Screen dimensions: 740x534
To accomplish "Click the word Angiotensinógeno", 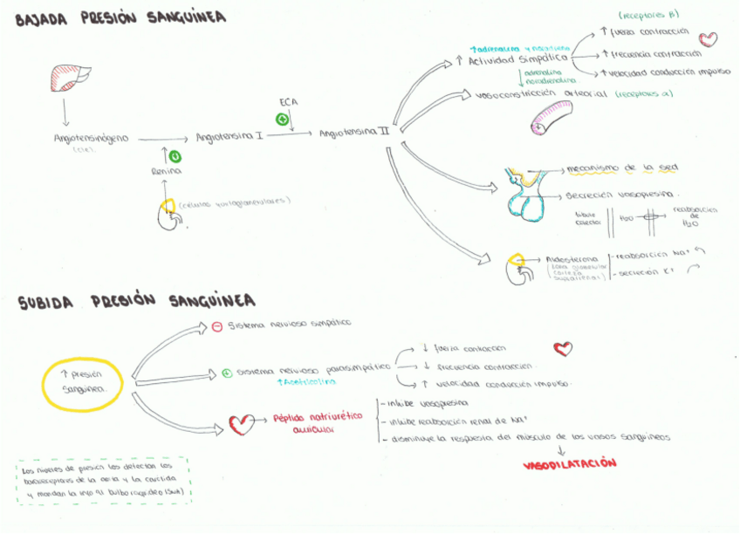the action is (91, 138).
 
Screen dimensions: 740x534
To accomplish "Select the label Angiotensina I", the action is (230, 137).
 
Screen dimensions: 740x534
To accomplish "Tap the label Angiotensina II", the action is (354, 133).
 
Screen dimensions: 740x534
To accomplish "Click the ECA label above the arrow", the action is (288, 102).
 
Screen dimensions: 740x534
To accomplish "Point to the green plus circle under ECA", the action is (282, 119).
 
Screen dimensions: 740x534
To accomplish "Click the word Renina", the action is (166, 172).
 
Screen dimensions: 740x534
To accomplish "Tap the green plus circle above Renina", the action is (175, 156).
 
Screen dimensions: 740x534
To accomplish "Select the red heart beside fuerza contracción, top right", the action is (709, 39).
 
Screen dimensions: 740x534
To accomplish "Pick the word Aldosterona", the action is (572, 259).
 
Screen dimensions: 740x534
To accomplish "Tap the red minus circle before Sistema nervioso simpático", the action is (217, 326).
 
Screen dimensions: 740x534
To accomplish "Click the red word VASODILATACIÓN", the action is (569, 464).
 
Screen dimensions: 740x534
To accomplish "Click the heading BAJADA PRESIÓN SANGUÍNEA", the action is (120, 18).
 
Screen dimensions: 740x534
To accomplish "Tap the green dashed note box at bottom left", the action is (104, 482).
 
